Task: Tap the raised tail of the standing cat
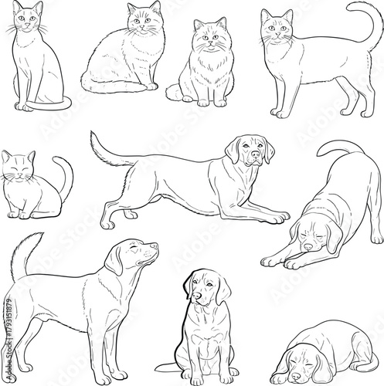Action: [x=372, y=23]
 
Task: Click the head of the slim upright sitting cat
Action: [x=27, y=20]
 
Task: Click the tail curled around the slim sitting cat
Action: [x=62, y=104]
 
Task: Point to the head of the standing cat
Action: [x=276, y=27]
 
